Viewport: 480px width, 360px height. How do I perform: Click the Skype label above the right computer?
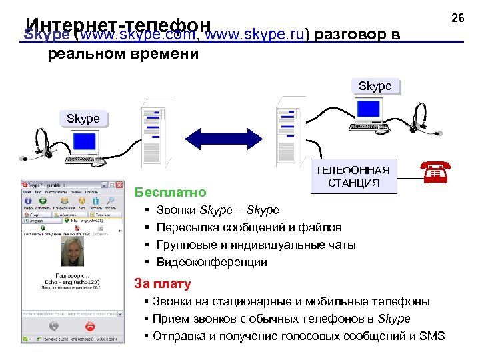coord(375,86)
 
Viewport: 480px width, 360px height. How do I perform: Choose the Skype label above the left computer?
coord(83,119)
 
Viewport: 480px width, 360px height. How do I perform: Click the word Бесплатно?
coord(170,193)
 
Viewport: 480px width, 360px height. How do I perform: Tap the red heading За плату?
coord(163,283)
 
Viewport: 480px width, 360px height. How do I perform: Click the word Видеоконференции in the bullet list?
coord(211,262)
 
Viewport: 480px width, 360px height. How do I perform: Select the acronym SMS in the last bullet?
coord(432,335)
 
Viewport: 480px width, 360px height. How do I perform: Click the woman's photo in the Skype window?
coord(71,253)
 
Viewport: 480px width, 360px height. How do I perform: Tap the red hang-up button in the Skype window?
coord(91,327)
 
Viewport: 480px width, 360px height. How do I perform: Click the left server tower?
coord(153,133)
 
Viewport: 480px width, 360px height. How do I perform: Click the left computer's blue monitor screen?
coord(85,143)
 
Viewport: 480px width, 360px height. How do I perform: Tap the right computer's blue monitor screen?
coord(369,110)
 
